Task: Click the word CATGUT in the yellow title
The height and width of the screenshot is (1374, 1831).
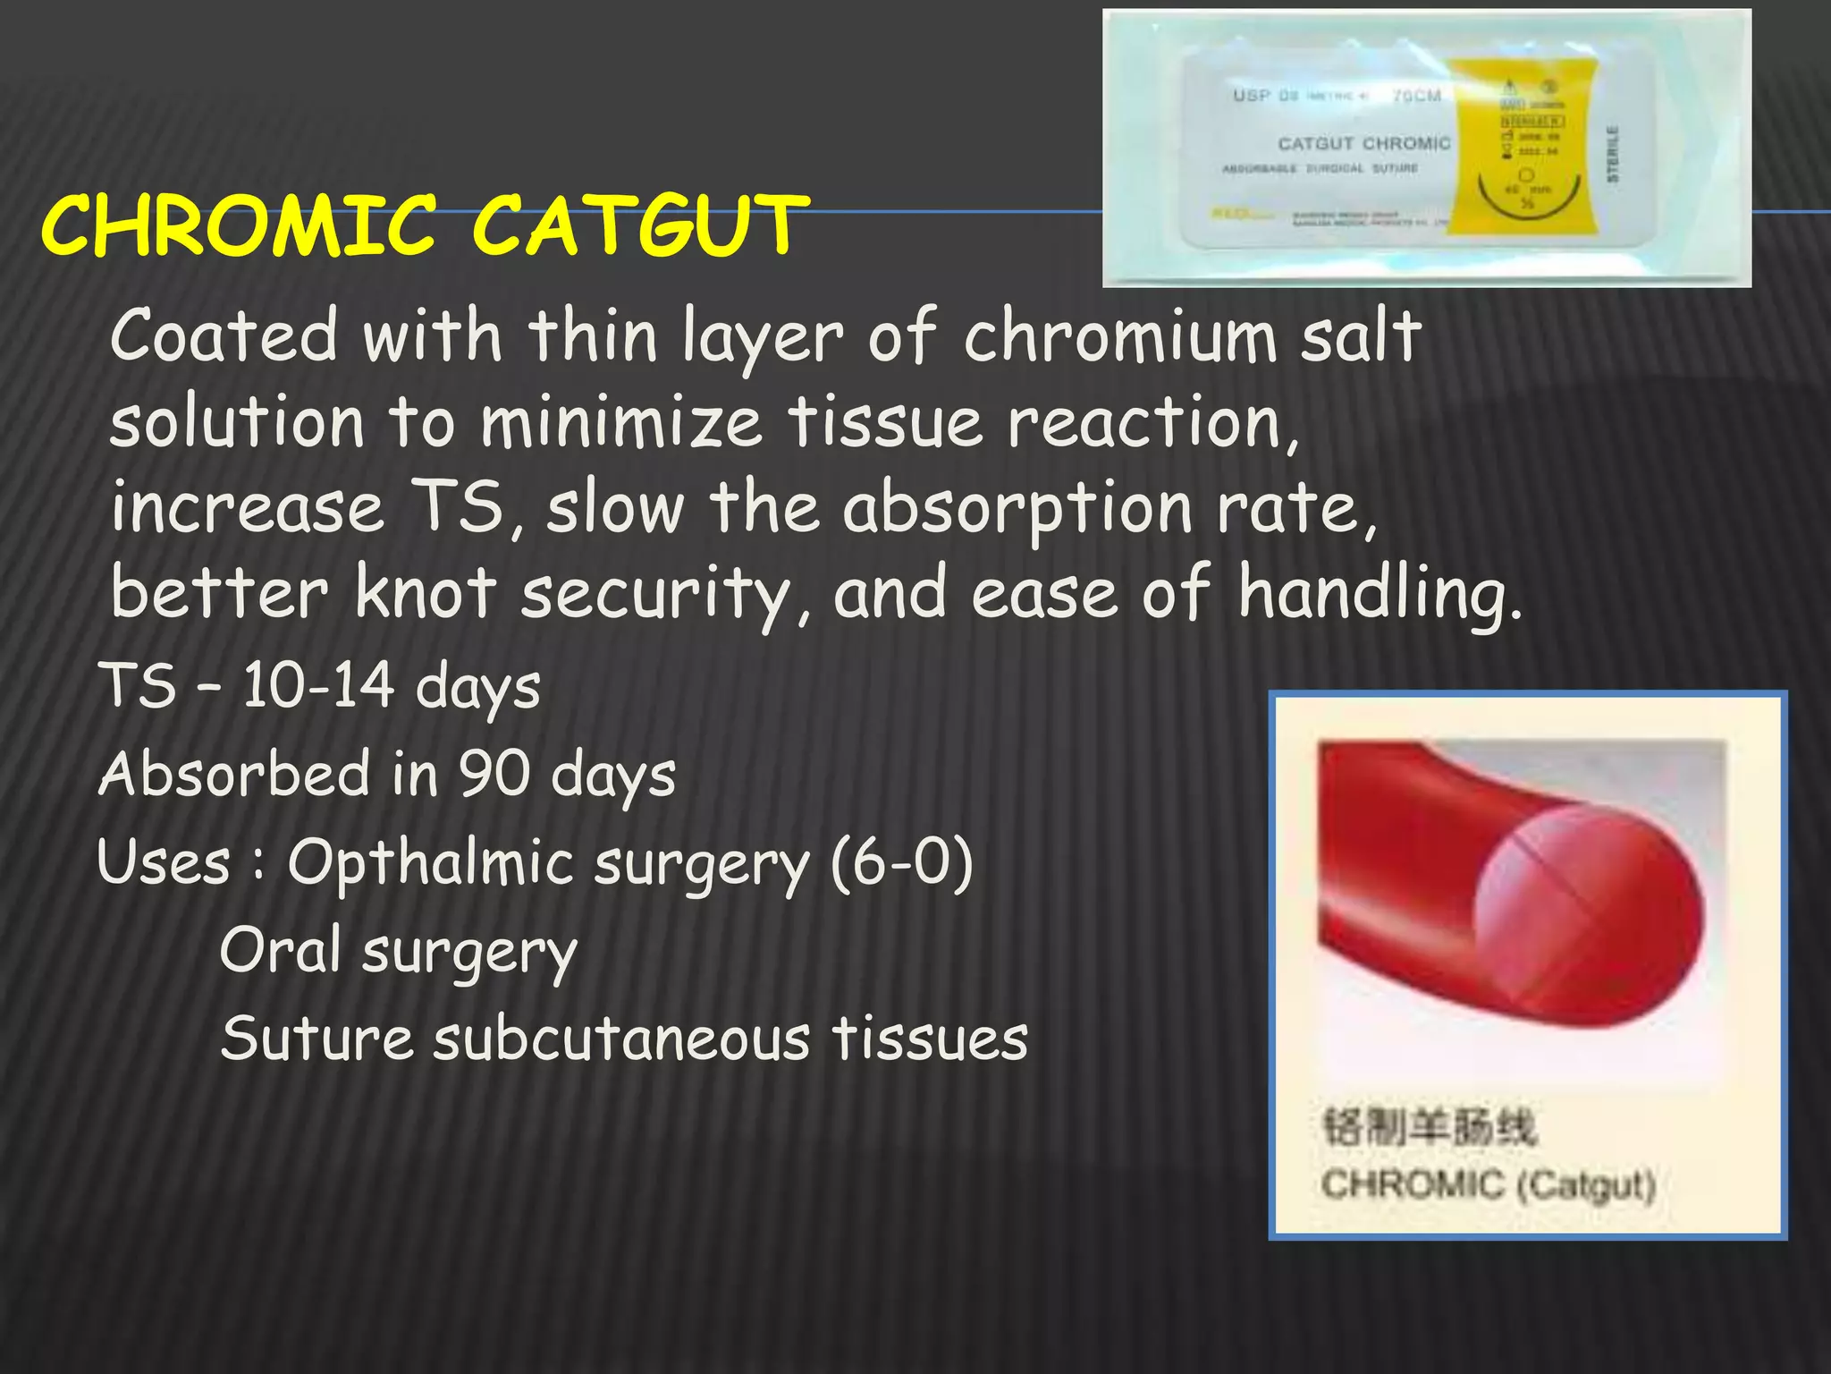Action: (640, 225)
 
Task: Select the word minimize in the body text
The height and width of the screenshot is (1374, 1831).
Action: (621, 423)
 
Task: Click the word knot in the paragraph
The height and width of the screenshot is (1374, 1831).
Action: (425, 593)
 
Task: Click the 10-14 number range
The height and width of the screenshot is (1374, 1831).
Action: (318, 687)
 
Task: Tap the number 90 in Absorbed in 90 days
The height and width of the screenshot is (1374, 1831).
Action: (494, 774)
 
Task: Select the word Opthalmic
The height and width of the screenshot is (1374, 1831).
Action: (430, 863)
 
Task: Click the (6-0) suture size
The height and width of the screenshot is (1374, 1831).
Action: (900, 863)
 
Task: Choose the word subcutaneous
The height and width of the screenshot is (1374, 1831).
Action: (622, 1039)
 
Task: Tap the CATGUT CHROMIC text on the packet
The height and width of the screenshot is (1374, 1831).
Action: (1363, 144)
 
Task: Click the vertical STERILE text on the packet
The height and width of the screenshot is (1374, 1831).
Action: (1613, 154)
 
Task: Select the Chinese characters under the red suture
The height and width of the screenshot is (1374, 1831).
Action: (1428, 1127)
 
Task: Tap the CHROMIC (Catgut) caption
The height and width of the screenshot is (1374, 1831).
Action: (1489, 1185)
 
